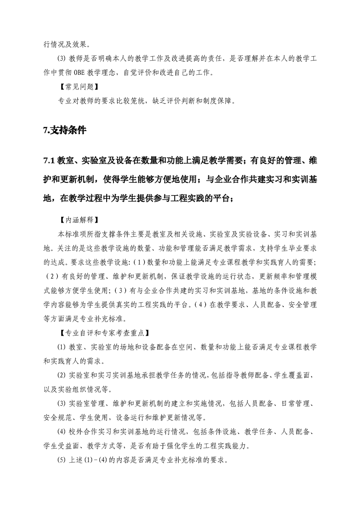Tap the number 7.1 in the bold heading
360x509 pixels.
pos(49,160)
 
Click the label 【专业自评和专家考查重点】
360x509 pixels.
pos(103,333)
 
